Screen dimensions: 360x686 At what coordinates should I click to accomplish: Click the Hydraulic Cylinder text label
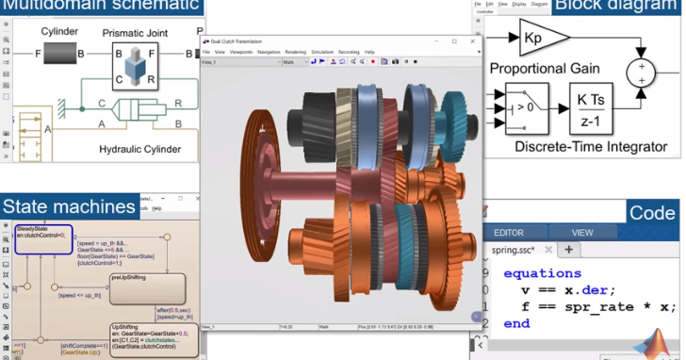pyautogui.click(x=140, y=149)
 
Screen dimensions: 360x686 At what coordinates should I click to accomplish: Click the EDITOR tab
pyautogui.click(x=509, y=232)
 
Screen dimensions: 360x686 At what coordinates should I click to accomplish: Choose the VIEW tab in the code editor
pyautogui.click(x=582, y=232)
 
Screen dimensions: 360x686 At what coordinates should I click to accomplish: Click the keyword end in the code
pyautogui.click(x=516, y=323)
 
